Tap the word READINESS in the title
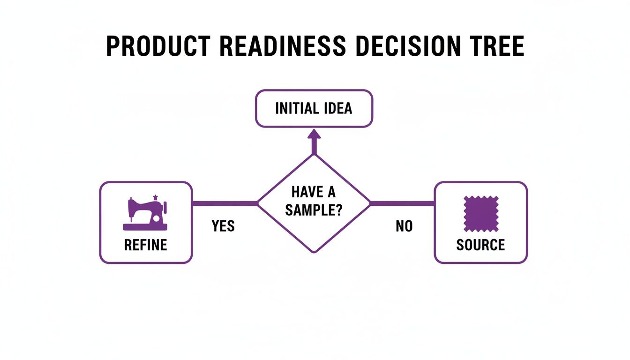point(283,46)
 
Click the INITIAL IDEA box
point(314,109)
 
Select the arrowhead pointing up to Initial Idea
point(314,135)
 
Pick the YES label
point(223,226)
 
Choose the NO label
point(404,226)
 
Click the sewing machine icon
point(145,214)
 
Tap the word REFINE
point(145,245)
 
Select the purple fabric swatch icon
point(480,214)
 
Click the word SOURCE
point(480,245)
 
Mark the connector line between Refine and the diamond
point(225,203)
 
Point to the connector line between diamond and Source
point(403,203)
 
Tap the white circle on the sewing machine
point(156,219)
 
